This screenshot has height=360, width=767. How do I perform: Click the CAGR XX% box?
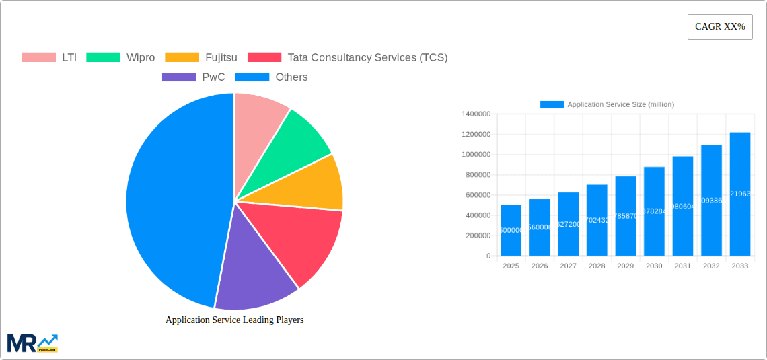click(x=719, y=27)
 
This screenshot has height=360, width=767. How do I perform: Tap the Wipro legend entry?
click(x=120, y=57)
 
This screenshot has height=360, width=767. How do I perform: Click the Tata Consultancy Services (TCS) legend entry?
click(x=347, y=57)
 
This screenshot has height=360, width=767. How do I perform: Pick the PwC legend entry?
click(x=194, y=77)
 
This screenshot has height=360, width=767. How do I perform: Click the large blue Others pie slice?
click(x=175, y=202)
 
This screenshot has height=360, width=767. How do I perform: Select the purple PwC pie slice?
click(x=252, y=269)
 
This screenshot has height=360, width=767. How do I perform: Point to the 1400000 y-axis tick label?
click(x=476, y=114)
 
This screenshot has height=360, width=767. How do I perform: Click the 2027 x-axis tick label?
click(x=568, y=266)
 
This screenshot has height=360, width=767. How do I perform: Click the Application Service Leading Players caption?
click(x=234, y=320)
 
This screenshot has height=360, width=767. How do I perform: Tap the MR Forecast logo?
click(x=32, y=343)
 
